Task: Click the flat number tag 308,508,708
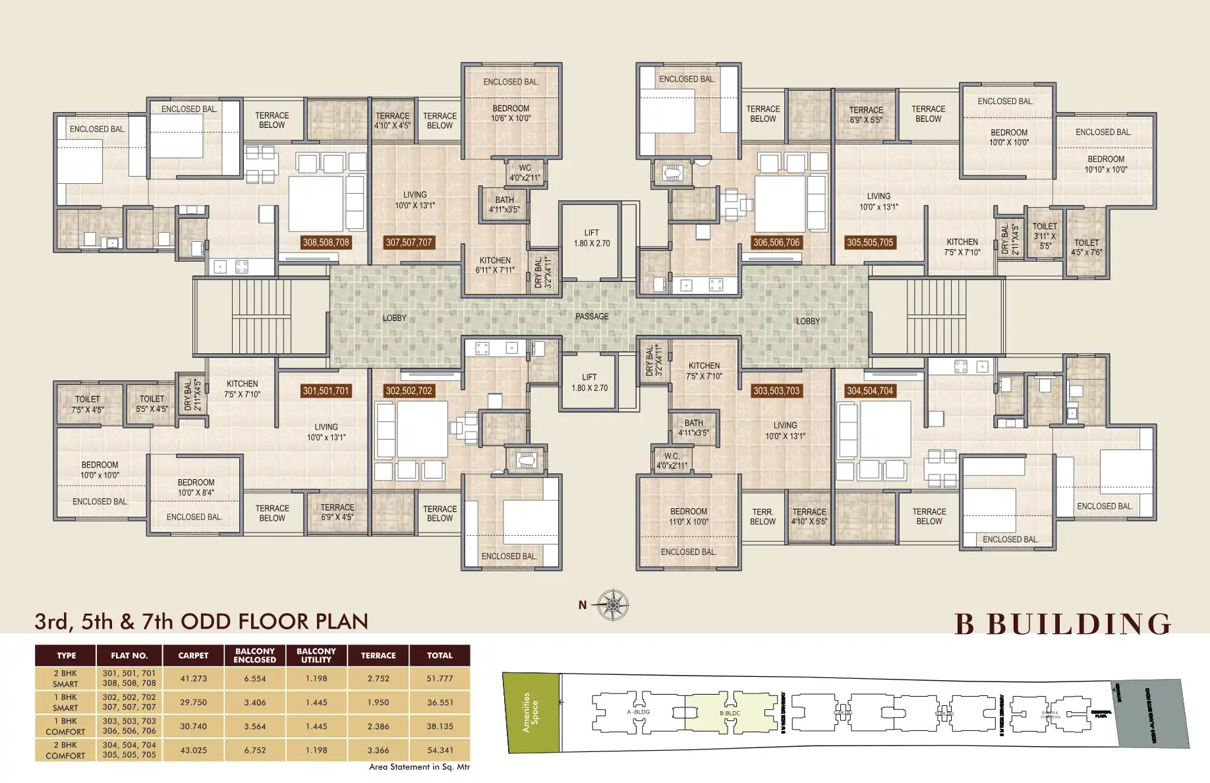click(326, 243)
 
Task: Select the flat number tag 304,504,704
click(870, 391)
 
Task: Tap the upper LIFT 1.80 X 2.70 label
click(591, 238)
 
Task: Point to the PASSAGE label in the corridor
click(592, 316)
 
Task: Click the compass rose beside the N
click(613, 604)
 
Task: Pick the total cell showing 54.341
click(440, 750)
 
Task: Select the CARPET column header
click(193, 656)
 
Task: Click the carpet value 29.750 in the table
click(193, 703)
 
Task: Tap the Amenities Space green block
click(531, 712)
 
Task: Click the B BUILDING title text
click(1063, 624)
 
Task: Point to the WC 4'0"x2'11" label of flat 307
click(525, 173)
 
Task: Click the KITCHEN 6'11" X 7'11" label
click(495, 265)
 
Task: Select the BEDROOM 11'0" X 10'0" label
click(689, 516)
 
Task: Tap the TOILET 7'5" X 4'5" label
click(88, 404)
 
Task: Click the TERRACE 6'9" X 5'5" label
click(866, 115)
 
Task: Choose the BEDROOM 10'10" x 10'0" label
click(1106, 164)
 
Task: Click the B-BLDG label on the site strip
click(730, 713)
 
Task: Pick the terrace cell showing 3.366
click(378, 750)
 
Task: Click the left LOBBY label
click(395, 318)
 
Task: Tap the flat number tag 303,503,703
click(776, 391)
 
